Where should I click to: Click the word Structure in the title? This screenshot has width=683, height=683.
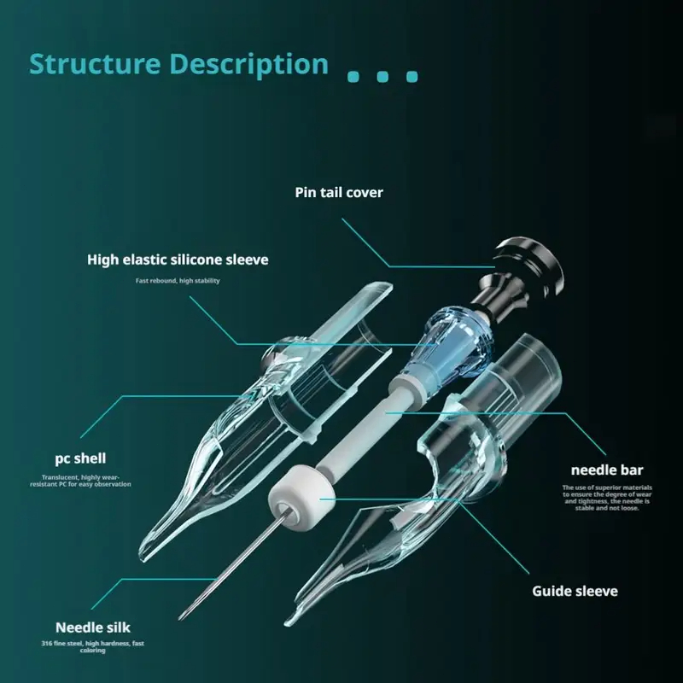pos(95,65)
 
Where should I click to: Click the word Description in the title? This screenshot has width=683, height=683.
pos(248,65)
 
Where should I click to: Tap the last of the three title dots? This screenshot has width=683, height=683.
pos(412,76)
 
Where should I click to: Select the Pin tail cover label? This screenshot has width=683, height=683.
pos(339,192)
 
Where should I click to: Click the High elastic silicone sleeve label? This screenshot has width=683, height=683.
pos(178,259)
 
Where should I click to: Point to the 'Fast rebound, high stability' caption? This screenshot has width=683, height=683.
pos(178,281)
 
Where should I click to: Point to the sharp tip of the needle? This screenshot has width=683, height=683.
pos(181,617)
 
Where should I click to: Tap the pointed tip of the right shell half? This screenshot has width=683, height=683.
pos(290,622)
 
